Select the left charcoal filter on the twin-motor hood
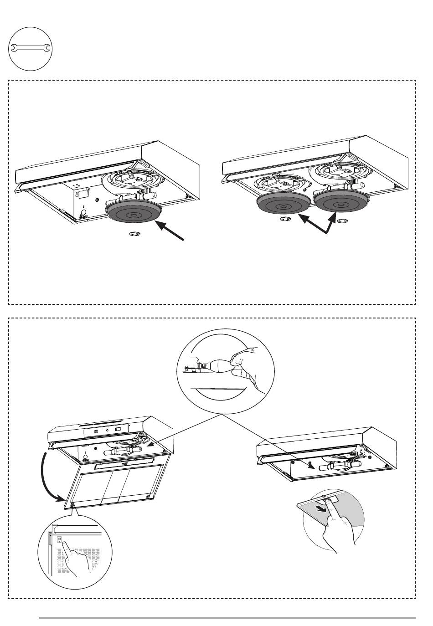pyautogui.click(x=284, y=205)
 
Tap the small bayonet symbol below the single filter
pyautogui.click(x=134, y=234)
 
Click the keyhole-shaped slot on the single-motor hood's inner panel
pyautogui.click(x=83, y=210)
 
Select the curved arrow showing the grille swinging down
pyautogui.click(x=46, y=478)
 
